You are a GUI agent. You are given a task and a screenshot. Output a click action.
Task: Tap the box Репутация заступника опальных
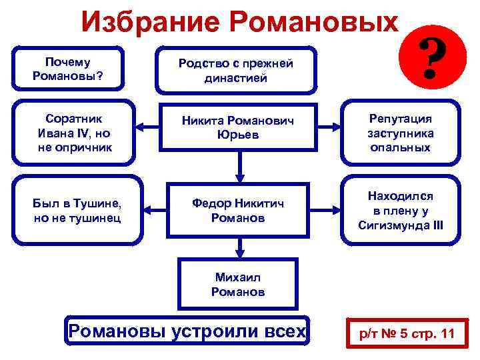(401, 132)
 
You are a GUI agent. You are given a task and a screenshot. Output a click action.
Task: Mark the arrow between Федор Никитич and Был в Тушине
(149, 209)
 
